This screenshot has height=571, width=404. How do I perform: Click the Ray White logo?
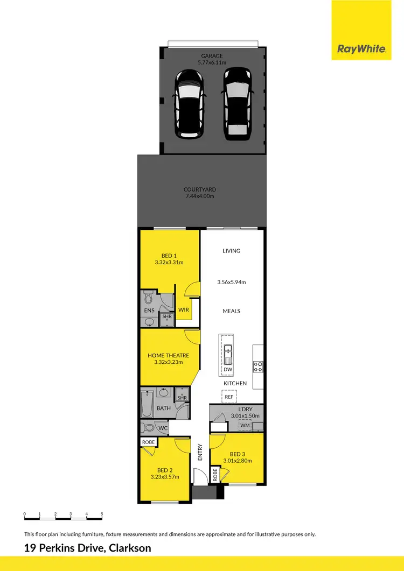[x=361, y=49]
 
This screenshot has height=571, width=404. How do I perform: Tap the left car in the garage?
[x=188, y=103]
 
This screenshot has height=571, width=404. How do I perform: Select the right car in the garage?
[x=236, y=103]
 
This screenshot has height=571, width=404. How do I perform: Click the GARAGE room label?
[x=211, y=55]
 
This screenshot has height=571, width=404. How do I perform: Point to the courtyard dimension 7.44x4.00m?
[x=199, y=196]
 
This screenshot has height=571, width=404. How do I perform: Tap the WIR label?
[x=183, y=310]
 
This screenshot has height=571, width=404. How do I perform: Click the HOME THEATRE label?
[x=169, y=355]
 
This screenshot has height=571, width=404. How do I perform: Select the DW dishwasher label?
[x=227, y=370]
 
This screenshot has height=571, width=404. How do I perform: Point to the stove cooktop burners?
[x=258, y=366]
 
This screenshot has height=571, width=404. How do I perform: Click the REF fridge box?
[x=229, y=396]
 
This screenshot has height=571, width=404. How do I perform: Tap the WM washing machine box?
[x=245, y=426]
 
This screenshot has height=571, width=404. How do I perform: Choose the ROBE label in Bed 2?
[x=148, y=442]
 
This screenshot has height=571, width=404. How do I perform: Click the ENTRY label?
[x=200, y=452]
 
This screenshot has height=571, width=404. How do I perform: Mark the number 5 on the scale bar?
[x=102, y=514]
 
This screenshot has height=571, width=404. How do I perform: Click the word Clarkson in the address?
[x=130, y=549]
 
